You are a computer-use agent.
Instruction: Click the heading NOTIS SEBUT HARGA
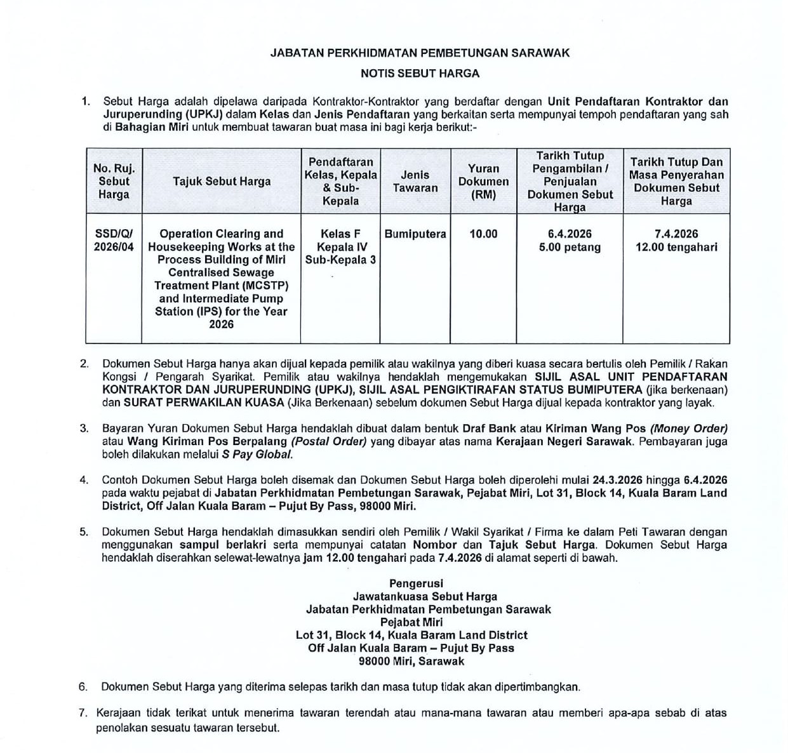click(420, 74)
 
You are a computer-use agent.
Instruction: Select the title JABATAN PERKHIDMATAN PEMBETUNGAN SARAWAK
click(420, 53)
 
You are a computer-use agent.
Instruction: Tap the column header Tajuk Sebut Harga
click(222, 182)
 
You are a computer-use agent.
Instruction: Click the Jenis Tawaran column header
click(415, 182)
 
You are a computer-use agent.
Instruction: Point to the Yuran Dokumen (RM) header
click(483, 182)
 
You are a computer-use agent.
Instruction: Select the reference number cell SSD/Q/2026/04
click(114, 241)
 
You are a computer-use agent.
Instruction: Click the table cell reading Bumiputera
click(415, 234)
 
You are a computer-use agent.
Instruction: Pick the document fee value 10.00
click(483, 234)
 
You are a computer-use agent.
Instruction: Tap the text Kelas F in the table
click(340, 234)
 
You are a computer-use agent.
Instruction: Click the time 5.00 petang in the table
click(570, 248)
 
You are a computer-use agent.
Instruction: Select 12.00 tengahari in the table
click(676, 248)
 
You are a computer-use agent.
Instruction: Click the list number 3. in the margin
click(84, 429)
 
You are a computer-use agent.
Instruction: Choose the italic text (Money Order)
click(688, 429)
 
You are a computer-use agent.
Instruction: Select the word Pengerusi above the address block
click(416, 583)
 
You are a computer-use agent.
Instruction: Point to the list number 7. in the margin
click(83, 713)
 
